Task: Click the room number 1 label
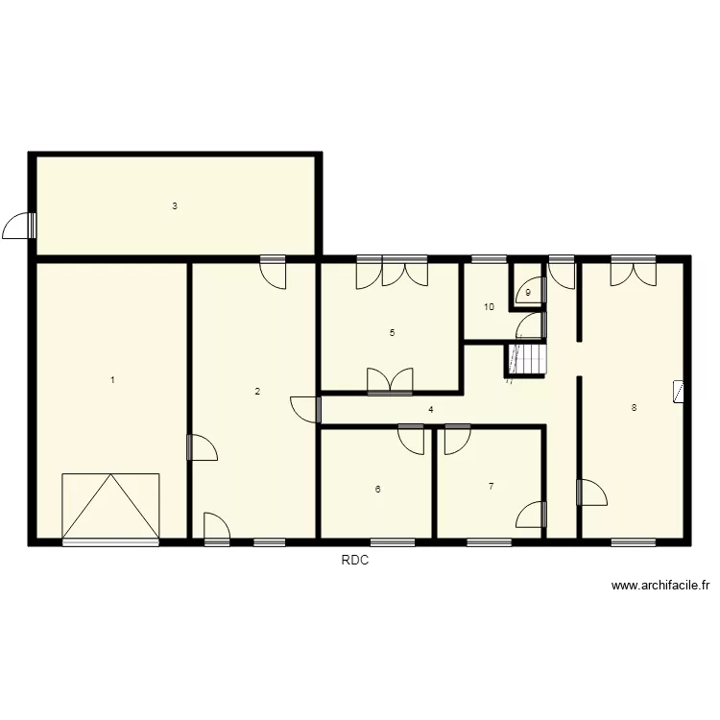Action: tap(112, 380)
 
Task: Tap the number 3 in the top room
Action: tap(174, 205)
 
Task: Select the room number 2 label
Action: tap(256, 391)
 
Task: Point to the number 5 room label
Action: tap(392, 333)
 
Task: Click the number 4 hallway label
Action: tap(430, 410)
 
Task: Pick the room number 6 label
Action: tap(377, 490)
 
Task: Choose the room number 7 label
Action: tap(491, 487)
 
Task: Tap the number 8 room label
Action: tap(633, 408)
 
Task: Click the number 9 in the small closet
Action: tap(528, 293)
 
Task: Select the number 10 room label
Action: tap(489, 307)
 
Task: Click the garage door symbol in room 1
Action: tap(110, 507)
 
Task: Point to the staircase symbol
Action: tap(525, 359)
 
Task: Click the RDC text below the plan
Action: tap(355, 563)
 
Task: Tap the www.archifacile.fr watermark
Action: tap(660, 586)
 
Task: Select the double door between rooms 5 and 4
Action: tap(390, 382)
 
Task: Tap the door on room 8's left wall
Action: tap(590, 492)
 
